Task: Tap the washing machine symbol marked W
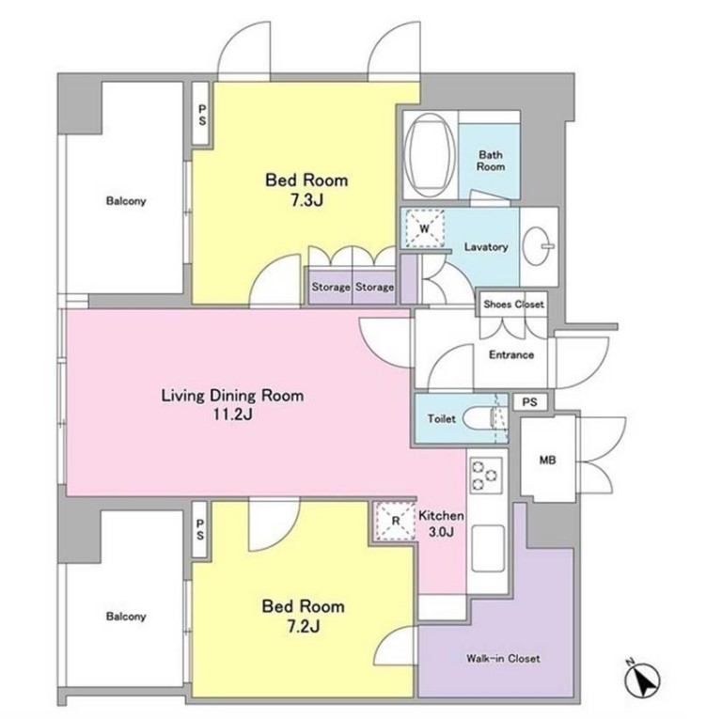(425, 228)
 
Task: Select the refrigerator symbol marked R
(396, 521)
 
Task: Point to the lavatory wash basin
(538, 246)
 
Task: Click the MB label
(547, 460)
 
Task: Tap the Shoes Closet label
(514, 304)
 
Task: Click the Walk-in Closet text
(503, 659)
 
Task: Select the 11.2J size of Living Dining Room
(232, 415)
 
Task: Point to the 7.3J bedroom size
(306, 200)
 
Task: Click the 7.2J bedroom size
(304, 626)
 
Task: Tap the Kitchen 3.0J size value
(441, 532)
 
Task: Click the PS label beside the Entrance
(529, 402)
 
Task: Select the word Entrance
(511, 354)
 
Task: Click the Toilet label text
(441, 418)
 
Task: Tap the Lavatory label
(486, 246)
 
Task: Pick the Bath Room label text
(491, 161)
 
